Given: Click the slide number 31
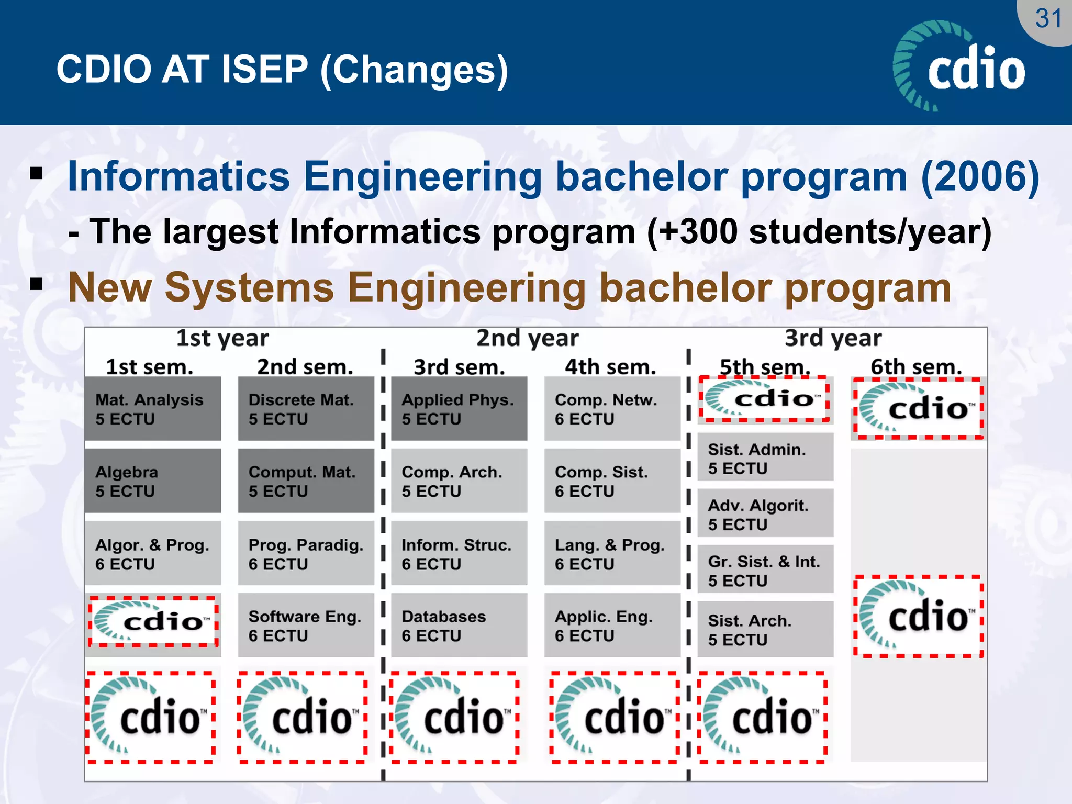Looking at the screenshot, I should click(1048, 19).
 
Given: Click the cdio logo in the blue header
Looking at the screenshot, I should click(960, 67).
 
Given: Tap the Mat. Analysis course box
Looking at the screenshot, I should click(152, 409).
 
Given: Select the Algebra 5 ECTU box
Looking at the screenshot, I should click(152, 481).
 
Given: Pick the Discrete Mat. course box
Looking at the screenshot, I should click(306, 409).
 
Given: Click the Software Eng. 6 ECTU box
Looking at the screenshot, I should click(306, 626).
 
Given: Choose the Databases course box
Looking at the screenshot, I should click(459, 626).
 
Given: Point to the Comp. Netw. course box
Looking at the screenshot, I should click(612, 409).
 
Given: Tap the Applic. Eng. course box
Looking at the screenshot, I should click(612, 626).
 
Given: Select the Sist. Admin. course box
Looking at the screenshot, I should click(765, 458).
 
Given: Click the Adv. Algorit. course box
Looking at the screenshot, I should click(765, 514).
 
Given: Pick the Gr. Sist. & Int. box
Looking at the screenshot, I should click(765, 570).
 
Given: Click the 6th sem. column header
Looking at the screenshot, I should click(916, 366).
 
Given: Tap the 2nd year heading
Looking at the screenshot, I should click(527, 338).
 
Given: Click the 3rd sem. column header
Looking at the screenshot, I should click(459, 367).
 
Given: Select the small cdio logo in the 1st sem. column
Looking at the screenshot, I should click(153, 622).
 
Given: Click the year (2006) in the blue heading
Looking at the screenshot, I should click(979, 177).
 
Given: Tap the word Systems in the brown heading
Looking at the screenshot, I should click(249, 288).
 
